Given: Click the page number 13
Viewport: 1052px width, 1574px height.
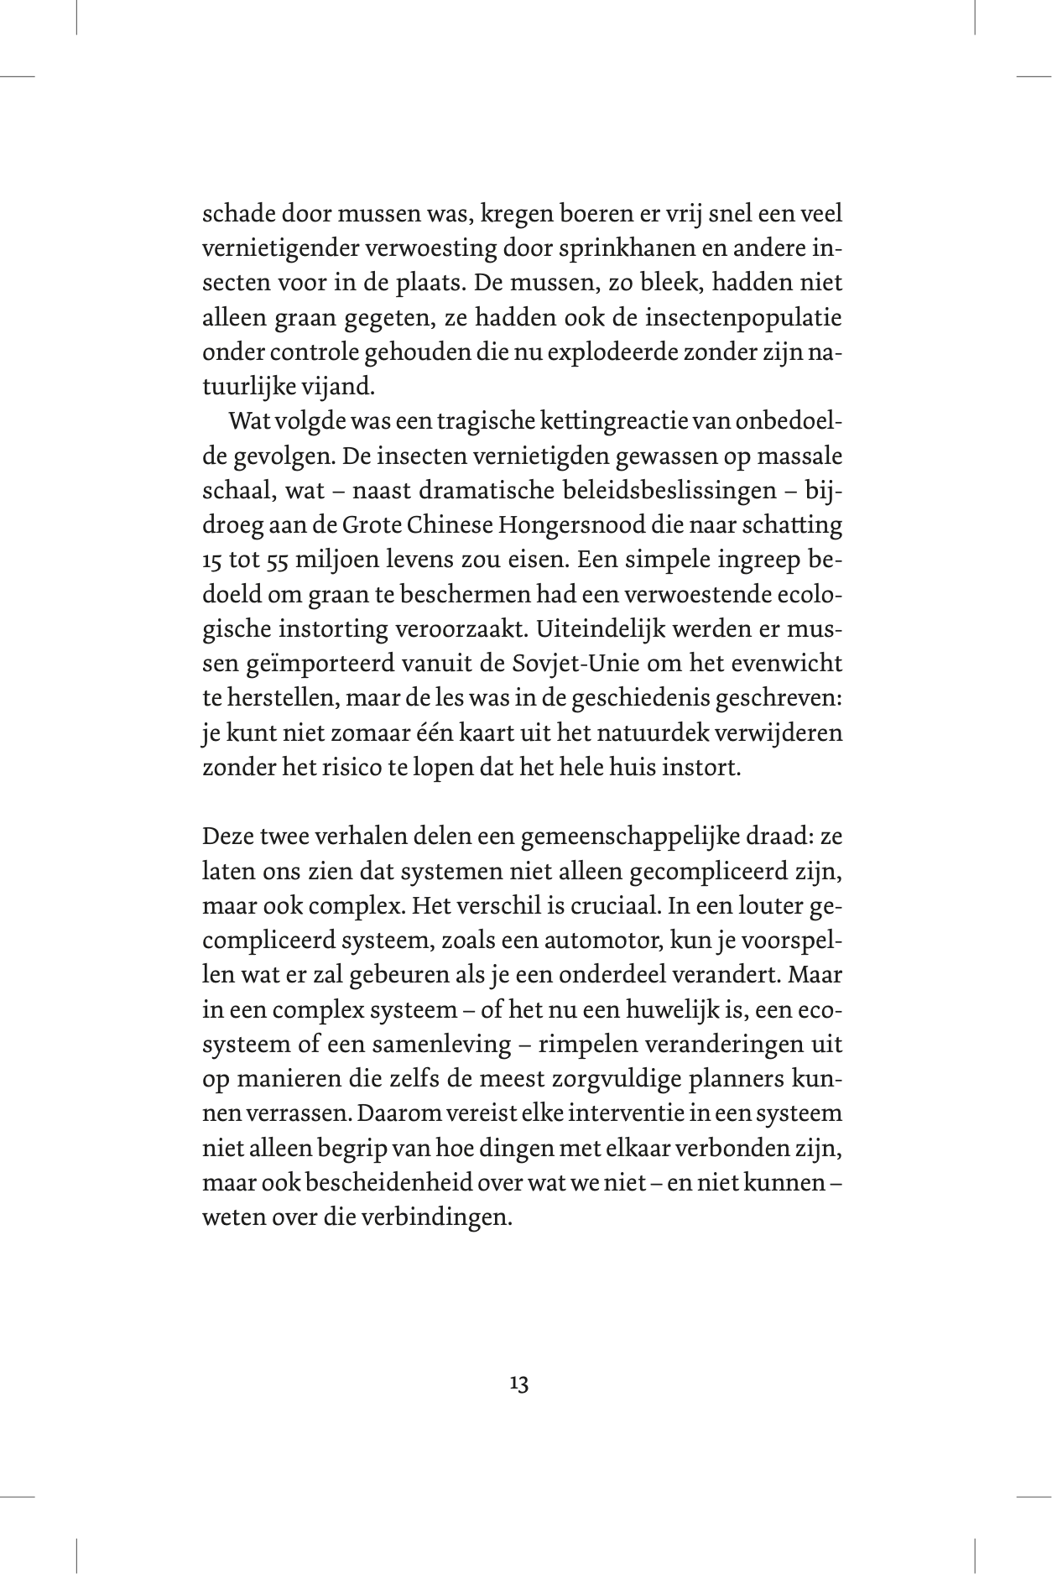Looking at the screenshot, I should [518, 1384].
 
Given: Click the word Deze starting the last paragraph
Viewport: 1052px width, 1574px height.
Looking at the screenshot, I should [228, 837].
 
